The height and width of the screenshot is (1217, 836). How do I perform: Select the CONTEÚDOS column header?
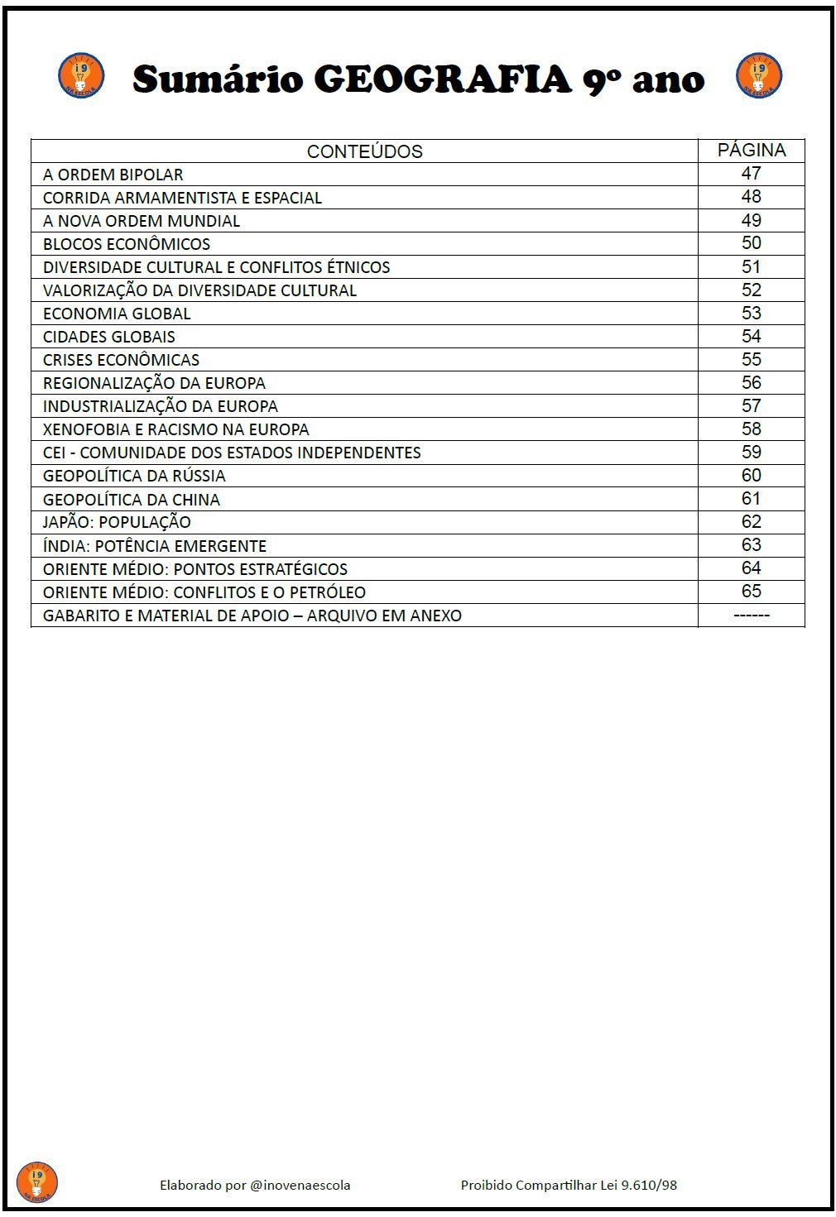tap(364, 151)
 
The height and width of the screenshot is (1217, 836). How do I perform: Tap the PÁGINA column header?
tap(751, 150)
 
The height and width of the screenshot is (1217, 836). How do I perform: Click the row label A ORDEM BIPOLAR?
tap(113, 175)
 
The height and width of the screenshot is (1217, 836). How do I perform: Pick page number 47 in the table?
tap(751, 174)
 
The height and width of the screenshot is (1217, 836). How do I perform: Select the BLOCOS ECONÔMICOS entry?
tap(127, 244)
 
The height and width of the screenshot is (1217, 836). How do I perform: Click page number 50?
tap(751, 243)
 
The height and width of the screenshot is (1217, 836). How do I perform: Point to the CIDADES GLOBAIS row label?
tap(109, 337)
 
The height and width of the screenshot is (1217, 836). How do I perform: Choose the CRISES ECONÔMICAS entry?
tap(121, 360)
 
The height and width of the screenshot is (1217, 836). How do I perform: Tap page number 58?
tap(751, 429)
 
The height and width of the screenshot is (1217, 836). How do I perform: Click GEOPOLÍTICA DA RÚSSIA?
tap(134, 476)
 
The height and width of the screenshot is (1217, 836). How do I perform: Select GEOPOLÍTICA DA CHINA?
tap(132, 500)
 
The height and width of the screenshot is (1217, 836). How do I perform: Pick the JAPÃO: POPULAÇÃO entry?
tap(117, 522)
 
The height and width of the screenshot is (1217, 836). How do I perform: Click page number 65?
tap(751, 591)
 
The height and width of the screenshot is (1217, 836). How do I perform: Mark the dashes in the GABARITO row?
tap(751, 615)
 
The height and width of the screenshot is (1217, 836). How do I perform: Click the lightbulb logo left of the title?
tap(81, 76)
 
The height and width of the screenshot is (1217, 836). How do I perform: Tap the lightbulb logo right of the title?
tap(758, 76)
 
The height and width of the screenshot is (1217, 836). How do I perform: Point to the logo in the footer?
tap(37, 1181)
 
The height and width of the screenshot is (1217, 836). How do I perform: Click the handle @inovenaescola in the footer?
tap(300, 1185)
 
